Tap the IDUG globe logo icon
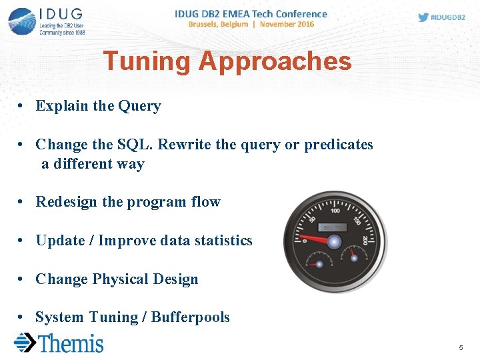(x=22, y=22)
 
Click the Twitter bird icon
(x=423, y=17)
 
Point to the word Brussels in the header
(x=208, y=25)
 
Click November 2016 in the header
(x=287, y=25)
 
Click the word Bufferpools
(x=190, y=317)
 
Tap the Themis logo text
(x=71, y=343)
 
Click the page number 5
(x=461, y=348)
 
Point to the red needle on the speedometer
(x=313, y=239)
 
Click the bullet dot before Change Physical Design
(x=22, y=279)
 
